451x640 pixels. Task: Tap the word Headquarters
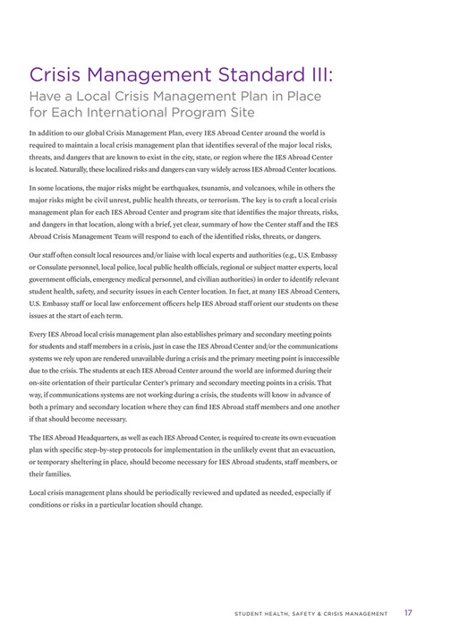(x=110, y=437)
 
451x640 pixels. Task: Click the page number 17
(x=407, y=613)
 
